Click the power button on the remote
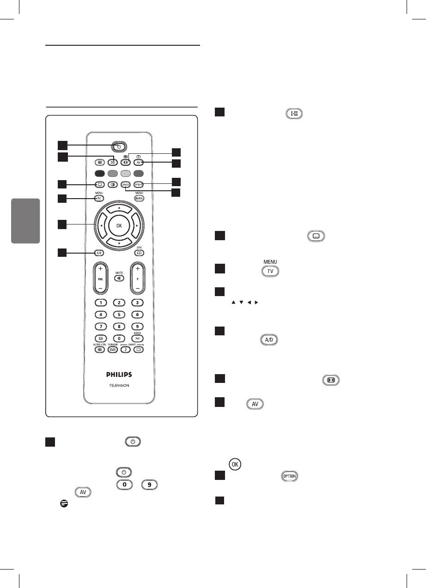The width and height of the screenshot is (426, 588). click(x=119, y=147)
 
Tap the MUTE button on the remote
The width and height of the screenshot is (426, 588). click(x=119, y=279)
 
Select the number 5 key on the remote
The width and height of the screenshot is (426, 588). click(x=119, y=314)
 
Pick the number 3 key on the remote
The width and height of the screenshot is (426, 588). click(x=137, y=302)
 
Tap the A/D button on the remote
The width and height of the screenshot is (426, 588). click(x=98, y=253)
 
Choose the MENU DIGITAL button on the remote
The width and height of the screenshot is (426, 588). click(x=139, y=198)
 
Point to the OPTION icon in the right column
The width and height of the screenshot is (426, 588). click(x=289, y=476)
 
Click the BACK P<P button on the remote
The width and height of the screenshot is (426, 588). click(x=137, y=338)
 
